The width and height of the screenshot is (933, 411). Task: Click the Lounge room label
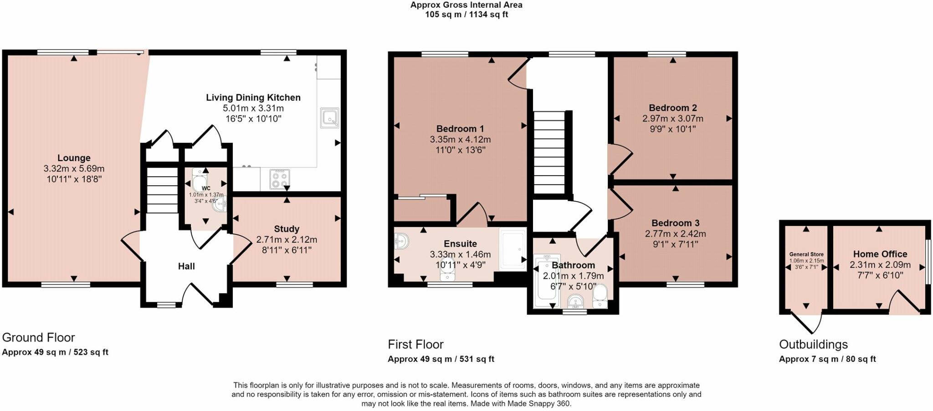point(74,158)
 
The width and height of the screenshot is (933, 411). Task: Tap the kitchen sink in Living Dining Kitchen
point(329,118)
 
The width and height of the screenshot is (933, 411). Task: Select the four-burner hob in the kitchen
point(280,178)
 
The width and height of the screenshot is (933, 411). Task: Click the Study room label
point(287,229)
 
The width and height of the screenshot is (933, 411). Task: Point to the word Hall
point(186,266)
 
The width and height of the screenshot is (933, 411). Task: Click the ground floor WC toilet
point(199,180)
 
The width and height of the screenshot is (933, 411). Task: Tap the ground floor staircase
point(162,190)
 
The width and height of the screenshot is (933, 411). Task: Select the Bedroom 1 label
point(460,129)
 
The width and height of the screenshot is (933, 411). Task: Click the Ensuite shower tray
point(513,249)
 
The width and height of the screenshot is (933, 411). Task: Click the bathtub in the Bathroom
point(546,281)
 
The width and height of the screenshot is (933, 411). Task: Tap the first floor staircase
point(549,152)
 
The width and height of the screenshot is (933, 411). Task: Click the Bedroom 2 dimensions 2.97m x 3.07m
point(673,118)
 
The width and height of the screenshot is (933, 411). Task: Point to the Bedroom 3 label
point(676,223)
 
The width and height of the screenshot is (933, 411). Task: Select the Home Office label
point(880,254)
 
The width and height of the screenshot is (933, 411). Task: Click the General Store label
point(806,254)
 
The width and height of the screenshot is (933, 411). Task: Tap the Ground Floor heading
point(38,338)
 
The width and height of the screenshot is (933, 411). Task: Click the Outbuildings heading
point(813,345)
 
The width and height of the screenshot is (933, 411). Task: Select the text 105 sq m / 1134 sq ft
point(466,15)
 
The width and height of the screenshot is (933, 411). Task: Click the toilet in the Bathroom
point(600,296)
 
